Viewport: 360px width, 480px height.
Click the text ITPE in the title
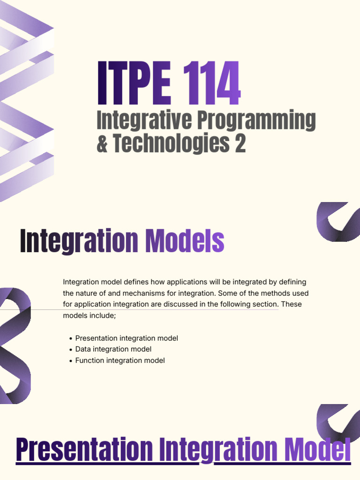pyautogui.click(x=134, y=83)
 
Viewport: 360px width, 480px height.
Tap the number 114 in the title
pyautogui.click(x=212, y=83)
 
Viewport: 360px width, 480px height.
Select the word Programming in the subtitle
pyautogui.click(x=256, y=120)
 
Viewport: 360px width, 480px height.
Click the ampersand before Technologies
pyautogui.click(x=102, y=143)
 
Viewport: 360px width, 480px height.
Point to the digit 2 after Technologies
pyautogui.click(x=240, y=143)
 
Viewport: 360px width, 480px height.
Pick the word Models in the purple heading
pyautogui.click(x=185, y=241)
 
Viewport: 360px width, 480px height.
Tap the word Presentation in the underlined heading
pyautogui.click(x=84, y=450)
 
